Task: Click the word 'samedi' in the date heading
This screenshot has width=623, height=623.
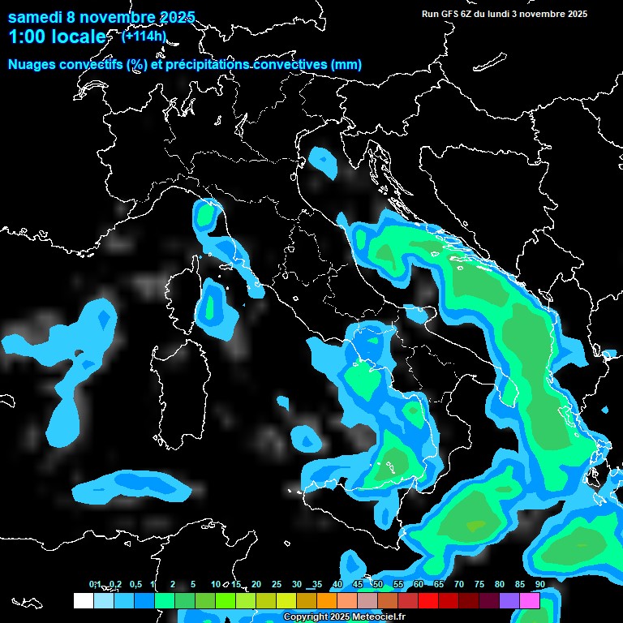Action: click(36, 17)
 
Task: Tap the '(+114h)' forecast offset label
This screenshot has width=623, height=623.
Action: click(144, 35)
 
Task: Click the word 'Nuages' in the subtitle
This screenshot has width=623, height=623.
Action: click(32, 64)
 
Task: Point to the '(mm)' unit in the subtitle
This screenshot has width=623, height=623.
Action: click(346, 64)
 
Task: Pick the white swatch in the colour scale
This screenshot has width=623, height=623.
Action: click(83, 600)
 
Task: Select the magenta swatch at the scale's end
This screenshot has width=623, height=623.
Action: click(530, 600)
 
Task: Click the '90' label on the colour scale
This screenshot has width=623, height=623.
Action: click(539, 584)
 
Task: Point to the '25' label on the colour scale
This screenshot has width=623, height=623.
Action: click(276, 584)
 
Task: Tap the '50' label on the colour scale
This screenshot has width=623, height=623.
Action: click(377, 584)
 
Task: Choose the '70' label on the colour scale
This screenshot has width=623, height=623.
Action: click(458, 584)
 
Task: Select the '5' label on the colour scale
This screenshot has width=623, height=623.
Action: click(193, 584)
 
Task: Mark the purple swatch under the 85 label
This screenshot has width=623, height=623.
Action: click(509, 600)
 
